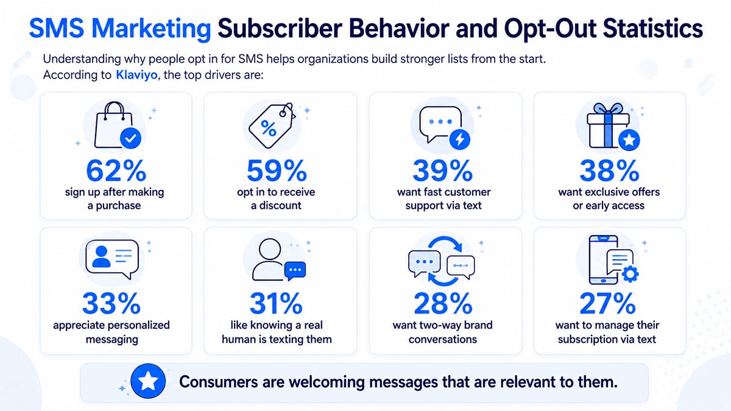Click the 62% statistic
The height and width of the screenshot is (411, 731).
[116, 170]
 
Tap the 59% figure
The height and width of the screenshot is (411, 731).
[277, 170]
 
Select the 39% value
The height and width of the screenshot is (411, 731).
[443, 170]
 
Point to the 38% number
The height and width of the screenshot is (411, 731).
[609, 170]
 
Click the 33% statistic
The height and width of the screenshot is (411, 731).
[111, 303]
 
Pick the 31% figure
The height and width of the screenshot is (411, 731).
[276, 303]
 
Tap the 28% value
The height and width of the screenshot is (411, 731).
[443, 303]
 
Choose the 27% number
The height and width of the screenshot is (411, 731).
[608, 303]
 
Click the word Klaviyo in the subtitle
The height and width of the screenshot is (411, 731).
[136, 75]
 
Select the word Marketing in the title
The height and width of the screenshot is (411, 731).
[151, 29]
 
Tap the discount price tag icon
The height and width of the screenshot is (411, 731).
[272, 125]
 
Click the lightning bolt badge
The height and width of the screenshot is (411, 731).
[459, 139]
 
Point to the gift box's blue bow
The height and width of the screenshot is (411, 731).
[608, 110]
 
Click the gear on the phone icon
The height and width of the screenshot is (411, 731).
[630, 274]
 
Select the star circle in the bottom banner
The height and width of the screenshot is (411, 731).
[148, 381]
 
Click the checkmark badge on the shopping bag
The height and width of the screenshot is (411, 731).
[130, 138]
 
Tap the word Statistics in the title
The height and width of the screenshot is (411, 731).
[652, 29]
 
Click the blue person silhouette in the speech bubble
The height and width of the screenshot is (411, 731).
[101, 257]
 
